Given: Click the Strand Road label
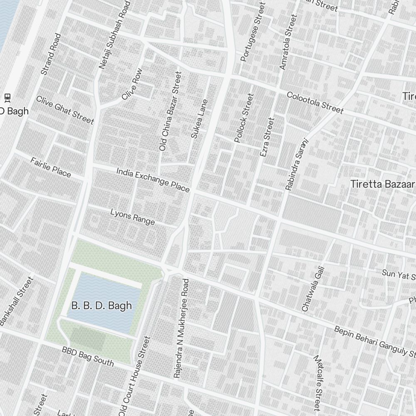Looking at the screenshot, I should (51, 54).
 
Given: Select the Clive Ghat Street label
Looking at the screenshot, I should (64, 110).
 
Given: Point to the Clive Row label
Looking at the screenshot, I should (132, 84).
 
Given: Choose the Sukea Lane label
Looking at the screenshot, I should (199, 119).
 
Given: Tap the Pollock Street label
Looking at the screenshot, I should (244, 118).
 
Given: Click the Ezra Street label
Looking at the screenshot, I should (267, 137).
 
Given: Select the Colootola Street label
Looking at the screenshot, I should (315, 103).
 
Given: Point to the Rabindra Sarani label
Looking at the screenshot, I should (296, 164).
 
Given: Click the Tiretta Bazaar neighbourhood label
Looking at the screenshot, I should (382, 184).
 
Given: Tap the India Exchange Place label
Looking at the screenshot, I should (153, 180).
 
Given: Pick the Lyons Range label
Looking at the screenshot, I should (132, 217).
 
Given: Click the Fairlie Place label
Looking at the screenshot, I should (50, 167).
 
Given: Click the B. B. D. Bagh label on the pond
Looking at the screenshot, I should (102, 306).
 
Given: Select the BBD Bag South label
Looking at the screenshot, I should (87, 356).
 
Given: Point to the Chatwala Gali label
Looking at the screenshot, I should (312, 289).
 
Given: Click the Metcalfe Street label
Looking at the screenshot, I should (317, 381).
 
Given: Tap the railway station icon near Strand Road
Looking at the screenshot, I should (7, 97).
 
